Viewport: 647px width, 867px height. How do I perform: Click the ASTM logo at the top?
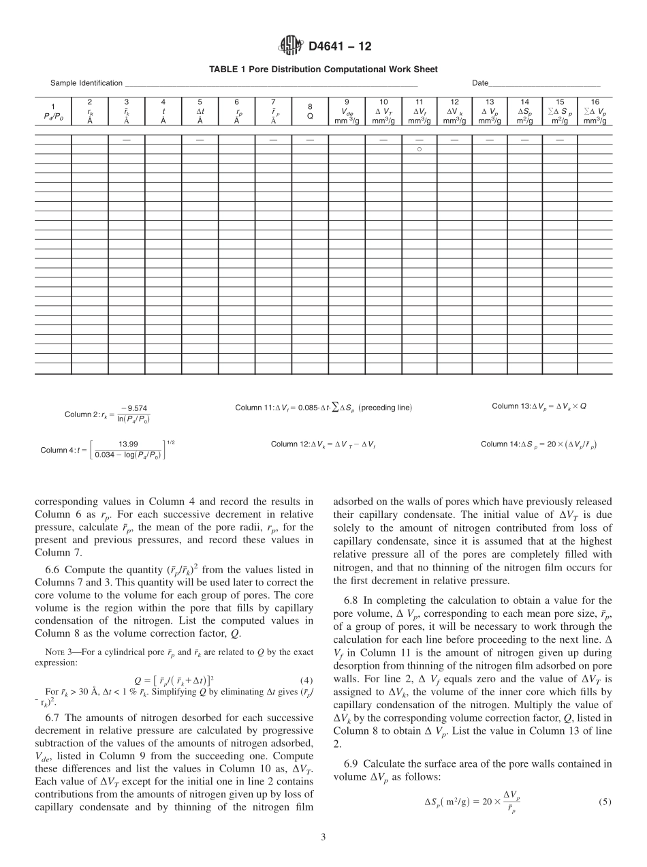(x=291, y=46)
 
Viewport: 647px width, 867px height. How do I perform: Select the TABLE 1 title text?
(x=323, y=69)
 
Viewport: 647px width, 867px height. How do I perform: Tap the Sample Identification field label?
(x=86, y=83)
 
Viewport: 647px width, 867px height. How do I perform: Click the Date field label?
(x=480, y=83)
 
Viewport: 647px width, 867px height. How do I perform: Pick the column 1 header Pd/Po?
(x=52, y=111)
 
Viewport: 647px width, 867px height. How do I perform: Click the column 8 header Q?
(x=310, y=111)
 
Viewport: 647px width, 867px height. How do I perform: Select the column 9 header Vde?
(x=346, y=111)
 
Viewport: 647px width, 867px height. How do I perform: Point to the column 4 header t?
(x=163, y=111)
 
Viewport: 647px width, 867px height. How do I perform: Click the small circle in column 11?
(x=419, y=149)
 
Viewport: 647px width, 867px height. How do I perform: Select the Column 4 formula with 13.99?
(x=108, y=450)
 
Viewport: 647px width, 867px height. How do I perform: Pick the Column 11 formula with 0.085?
(x=323, y=408)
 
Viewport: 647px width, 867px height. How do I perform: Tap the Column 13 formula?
(x=539, y=406)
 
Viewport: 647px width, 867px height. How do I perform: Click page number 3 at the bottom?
(x=323, y=838)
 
